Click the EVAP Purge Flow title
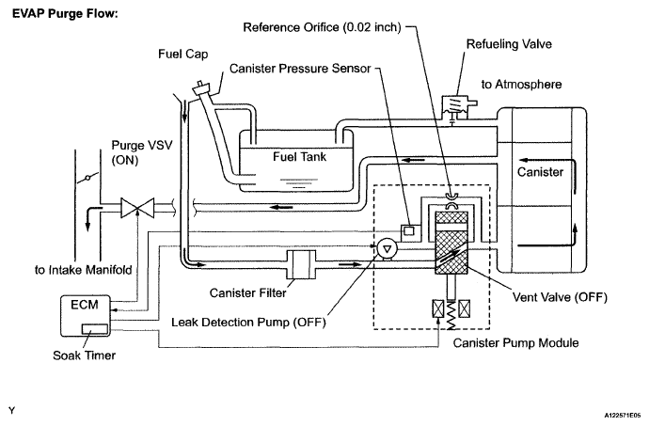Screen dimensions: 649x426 point(65,13)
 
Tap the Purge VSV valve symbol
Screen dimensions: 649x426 point(137,208)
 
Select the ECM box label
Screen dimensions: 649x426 point(85,305)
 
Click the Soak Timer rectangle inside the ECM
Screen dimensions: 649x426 point(95,329)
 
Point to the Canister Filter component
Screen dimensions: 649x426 point(301,264)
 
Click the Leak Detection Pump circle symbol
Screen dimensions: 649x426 point(388,249)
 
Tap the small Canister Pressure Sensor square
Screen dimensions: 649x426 point(408,230)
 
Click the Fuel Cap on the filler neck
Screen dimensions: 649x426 point(203,88)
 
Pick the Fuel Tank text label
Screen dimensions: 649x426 point(299,156)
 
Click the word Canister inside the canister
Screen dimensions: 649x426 point(540,172)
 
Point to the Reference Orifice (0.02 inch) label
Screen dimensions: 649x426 point(322,27)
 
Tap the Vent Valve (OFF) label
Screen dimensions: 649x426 point(560,297)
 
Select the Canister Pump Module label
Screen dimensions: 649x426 point(515,343)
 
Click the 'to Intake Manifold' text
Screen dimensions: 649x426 point(83,270)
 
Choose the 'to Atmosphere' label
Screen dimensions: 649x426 point(521,85)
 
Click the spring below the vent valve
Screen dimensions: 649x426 point(451,315)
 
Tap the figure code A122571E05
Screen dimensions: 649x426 point(622,415)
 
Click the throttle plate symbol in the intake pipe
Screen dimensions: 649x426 point(87,178)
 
